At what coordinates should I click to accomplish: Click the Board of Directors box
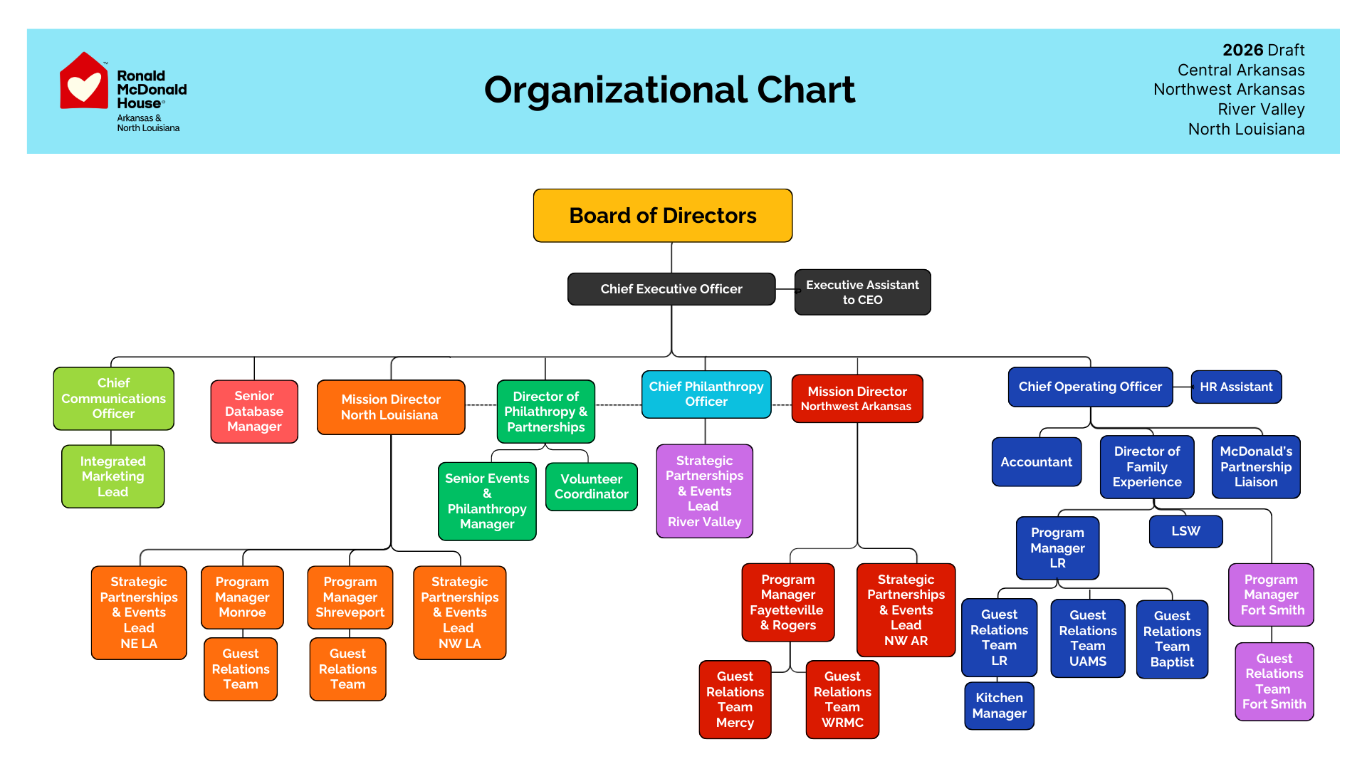(662, 216)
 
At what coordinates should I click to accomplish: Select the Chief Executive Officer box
(671, 289)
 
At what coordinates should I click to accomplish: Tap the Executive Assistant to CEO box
(862, 292)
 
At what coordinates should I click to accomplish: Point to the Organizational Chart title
(669, 90)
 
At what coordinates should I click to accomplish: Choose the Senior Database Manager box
(254, 412)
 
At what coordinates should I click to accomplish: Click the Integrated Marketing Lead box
(112, 476)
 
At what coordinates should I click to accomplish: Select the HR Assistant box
(1236, 387)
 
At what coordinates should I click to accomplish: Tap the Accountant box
(1036, 462)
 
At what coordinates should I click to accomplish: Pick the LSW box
(1185, 531)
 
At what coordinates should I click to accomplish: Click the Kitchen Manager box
(999, 706)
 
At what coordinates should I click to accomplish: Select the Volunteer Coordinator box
(591, 486)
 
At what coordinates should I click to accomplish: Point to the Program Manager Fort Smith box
(1271, 595)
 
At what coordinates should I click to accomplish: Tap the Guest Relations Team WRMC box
(842, 699)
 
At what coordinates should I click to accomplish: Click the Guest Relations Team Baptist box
(1172, 639)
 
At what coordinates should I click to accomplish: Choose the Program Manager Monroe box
(242, 597)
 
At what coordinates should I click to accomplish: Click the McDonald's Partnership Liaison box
(1256, 466)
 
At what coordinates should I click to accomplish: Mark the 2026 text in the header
(1242, 50)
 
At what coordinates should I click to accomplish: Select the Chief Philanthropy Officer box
(706, 394)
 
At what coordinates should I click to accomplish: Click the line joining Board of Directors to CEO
(671, 257)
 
